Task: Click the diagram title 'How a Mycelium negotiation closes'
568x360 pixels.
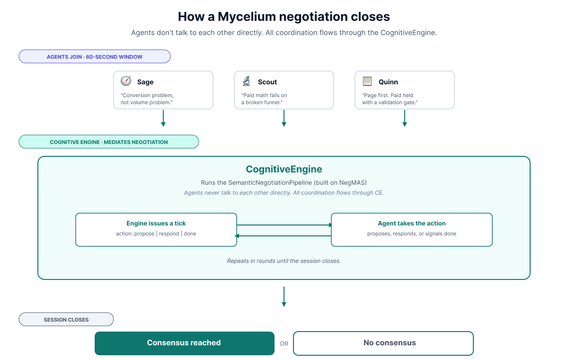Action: pos(284,17)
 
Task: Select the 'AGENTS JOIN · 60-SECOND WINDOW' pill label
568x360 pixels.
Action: pos(95,57)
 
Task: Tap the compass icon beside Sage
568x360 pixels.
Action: pos(126,81)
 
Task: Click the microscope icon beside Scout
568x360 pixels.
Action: pos(247,81)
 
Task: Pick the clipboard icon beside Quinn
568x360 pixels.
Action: pos(367,81)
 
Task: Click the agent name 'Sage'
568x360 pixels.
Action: pos(145,82)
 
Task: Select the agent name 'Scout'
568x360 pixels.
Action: pos(267,82)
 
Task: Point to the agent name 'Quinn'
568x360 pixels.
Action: pos(388,82)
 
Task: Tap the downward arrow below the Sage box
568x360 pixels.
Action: pos(163,118)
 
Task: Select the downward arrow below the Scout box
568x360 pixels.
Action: pos(284,118)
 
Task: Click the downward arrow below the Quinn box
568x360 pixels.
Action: pos(405,118)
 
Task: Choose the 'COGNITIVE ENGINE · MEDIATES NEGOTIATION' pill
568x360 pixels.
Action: pos(109,142)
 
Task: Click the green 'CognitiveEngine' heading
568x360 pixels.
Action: pos(284,169)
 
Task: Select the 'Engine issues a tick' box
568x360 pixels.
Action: pos(156,230)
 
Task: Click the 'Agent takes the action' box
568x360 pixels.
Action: pos(412,230)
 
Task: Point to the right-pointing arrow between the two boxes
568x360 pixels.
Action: pos(284,225)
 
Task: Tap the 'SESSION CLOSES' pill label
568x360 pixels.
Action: pos(66,320)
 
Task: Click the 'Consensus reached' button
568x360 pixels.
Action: pos(185,343)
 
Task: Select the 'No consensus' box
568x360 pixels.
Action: pos(383,343)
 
